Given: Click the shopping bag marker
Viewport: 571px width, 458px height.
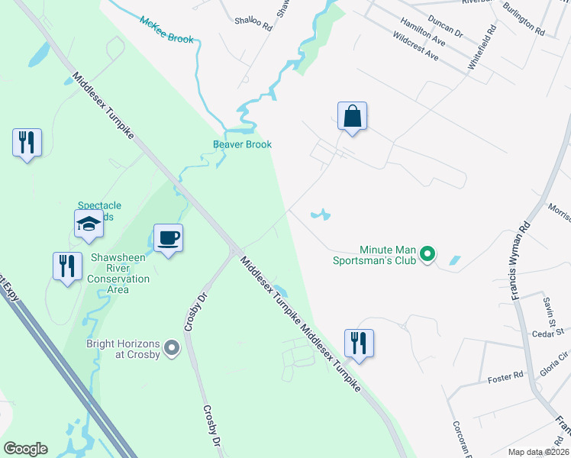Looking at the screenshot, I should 352,117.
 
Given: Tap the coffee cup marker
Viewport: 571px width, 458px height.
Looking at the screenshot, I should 168,238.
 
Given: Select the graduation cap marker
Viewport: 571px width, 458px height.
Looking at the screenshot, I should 89,224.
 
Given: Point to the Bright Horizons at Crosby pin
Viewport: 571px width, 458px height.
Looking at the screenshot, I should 172,349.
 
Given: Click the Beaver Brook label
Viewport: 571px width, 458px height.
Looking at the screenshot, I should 242,144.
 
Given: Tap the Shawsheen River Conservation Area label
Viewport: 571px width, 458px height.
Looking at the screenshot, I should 118,268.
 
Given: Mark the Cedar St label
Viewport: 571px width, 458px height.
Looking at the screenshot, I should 547,332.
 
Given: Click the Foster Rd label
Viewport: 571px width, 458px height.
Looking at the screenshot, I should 505,376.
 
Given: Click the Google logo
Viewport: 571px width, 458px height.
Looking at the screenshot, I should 25,449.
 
